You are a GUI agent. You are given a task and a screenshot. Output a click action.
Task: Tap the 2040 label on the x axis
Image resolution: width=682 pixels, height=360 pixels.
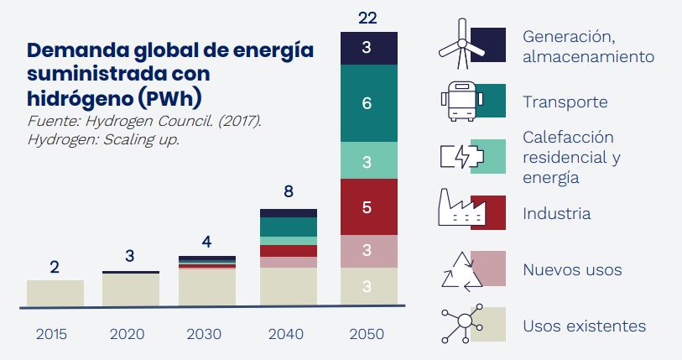289,334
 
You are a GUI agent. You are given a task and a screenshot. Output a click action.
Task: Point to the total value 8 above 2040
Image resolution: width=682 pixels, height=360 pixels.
289,192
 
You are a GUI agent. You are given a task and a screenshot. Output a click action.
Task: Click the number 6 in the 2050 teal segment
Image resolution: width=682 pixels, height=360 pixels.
367,104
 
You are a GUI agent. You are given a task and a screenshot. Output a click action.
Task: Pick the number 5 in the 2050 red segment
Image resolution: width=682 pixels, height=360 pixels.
367,206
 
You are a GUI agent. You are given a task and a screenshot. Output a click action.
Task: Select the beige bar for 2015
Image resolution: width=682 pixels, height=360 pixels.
55,293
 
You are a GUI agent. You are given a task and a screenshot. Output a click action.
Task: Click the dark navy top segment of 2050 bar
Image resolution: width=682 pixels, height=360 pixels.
367,49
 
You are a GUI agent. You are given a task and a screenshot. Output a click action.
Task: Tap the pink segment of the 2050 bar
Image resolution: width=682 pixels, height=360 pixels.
367,251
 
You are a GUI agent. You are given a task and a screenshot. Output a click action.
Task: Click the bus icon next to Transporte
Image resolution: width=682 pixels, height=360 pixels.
459,102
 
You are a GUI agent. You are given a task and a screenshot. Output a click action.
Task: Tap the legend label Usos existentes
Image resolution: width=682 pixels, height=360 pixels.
584,326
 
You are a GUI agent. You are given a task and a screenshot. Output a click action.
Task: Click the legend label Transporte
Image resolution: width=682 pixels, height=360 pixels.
565,102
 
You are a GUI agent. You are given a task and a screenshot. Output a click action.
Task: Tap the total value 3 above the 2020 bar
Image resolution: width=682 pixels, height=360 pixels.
130,256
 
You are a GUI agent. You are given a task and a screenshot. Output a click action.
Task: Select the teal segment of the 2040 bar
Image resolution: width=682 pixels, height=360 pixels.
289,227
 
